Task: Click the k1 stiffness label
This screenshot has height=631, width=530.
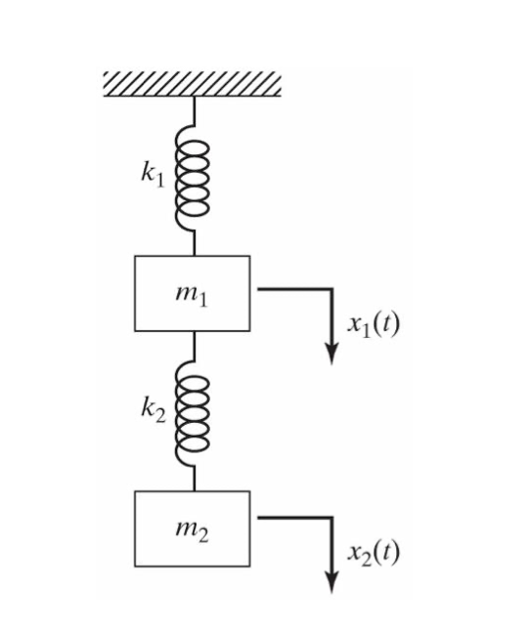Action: [x=150, y=175]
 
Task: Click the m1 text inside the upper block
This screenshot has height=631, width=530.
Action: [x=192, y=294]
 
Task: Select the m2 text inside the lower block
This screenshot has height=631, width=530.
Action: [x=192, y=529]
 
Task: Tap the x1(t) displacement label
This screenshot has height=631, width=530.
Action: [x=374, y=323]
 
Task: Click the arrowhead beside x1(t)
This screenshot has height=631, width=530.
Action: [x=332, y=354]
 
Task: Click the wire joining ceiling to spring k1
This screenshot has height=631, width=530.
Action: [x=193, y=110]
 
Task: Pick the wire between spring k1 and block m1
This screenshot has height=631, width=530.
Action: [x=193, y=241]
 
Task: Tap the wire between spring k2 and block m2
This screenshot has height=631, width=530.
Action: [x=193, y=479]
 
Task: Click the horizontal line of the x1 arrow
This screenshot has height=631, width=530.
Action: [x=293, y=289]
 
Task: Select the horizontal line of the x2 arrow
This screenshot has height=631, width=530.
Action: [x=293, y=519]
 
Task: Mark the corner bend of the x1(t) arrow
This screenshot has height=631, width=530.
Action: [x=332, y=289]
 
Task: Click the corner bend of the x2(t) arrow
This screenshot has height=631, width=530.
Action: [x=332, y=519]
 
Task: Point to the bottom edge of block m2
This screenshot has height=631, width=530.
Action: [x=192, y=567]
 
